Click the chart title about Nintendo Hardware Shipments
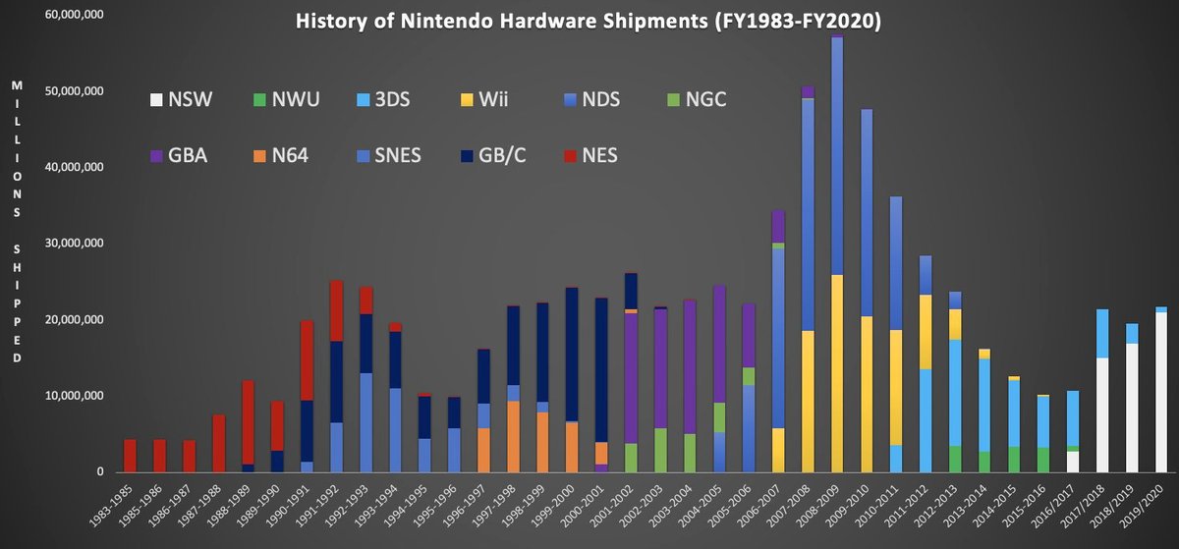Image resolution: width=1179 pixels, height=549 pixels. [589, 22]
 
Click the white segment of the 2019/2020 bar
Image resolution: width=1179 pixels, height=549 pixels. [1161, 393]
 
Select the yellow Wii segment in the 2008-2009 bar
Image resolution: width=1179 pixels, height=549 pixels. [837, 373]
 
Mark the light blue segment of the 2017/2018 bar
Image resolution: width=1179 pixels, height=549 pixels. [1102, 334]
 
